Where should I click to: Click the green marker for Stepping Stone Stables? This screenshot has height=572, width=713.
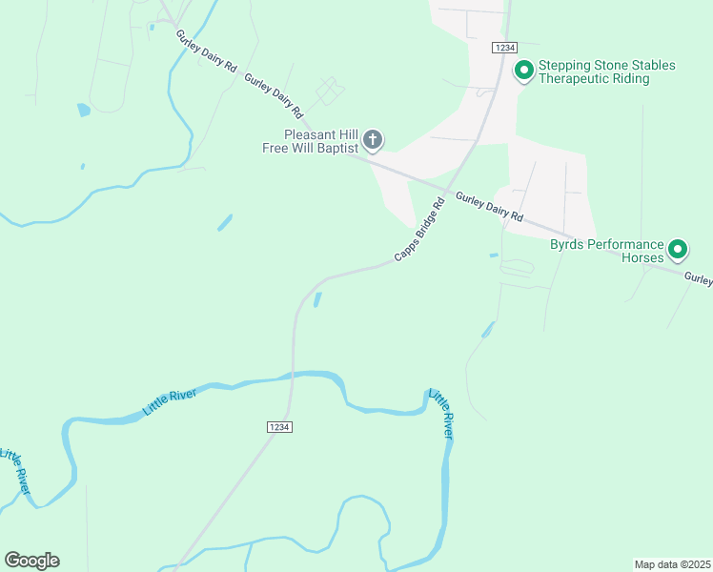click(523, 71)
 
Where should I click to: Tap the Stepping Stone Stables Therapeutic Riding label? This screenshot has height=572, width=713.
click(607, 71)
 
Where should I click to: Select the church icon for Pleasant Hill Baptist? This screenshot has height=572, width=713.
click(373, 141)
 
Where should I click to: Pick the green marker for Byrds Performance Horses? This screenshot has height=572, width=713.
click(678, 250)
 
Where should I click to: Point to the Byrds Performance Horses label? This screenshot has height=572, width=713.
click(606, 251)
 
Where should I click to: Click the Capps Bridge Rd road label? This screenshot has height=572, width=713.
click(420, 231)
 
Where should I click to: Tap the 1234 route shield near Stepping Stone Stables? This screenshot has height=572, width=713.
click(504, 48)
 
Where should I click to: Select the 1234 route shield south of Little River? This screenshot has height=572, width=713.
click(279, 427)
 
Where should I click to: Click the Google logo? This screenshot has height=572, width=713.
click(32, 560)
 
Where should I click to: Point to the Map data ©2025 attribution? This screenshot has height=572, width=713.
click(672, 563)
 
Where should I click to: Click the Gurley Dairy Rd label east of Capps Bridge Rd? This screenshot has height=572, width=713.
click(490, 207)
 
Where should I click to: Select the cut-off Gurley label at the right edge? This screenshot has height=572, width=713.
click(698, 279)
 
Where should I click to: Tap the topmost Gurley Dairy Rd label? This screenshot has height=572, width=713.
click(205, 51)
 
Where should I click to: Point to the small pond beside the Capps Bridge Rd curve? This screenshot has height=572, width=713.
click(317, 299)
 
